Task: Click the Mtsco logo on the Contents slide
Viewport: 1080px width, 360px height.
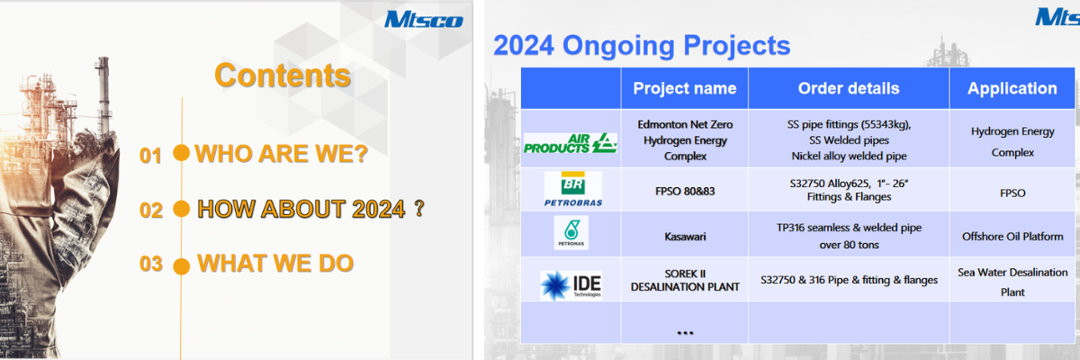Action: point(423,19)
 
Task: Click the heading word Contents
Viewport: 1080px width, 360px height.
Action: point(283,75)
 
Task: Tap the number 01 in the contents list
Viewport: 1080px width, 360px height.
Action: point(150,156)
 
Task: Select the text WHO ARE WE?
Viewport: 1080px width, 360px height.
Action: point(282,154)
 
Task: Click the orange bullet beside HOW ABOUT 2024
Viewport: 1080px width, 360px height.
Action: point(181,209)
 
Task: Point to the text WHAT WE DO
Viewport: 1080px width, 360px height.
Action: point(275,264)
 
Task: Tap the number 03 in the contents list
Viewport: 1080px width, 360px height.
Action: point(150,265)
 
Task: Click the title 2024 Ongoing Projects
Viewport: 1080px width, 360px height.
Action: point(642,45)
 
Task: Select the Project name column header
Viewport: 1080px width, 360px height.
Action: point(685,88)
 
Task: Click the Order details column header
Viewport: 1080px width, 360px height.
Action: point(849,88)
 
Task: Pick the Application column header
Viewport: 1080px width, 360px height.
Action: point(1012,88)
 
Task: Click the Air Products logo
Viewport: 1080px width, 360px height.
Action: point(571,142)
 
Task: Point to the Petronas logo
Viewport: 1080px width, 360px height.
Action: point(571,233)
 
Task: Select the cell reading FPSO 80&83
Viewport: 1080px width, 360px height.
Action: point(685,192)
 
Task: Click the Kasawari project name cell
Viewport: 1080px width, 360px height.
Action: point(685,232)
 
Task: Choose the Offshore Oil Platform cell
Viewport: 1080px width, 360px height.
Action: point(1012,236)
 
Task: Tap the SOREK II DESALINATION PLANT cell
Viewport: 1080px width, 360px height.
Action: point(685,279)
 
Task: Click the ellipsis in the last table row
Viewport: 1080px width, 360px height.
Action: point(685,332)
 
